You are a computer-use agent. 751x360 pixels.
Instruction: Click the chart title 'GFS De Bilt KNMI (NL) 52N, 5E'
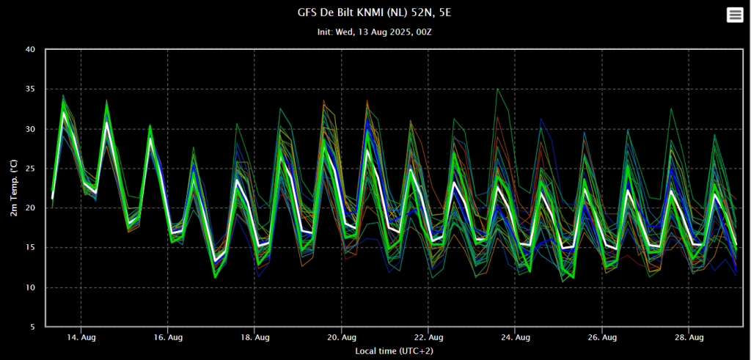375,12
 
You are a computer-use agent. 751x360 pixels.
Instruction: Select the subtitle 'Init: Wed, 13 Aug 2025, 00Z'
375,32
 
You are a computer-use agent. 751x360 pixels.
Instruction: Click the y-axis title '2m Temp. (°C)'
14,188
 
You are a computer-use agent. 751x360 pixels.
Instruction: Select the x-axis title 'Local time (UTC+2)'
394,351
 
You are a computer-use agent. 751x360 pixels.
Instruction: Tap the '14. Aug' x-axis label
81,337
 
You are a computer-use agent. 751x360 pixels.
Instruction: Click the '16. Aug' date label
168,337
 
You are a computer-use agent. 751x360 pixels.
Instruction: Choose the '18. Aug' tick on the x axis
254,337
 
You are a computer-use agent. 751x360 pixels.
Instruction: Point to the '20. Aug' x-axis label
342,337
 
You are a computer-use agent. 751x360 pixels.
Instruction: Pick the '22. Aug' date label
428,337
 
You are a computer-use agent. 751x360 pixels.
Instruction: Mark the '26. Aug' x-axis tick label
601,337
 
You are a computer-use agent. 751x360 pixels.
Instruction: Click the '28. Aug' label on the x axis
689,337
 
